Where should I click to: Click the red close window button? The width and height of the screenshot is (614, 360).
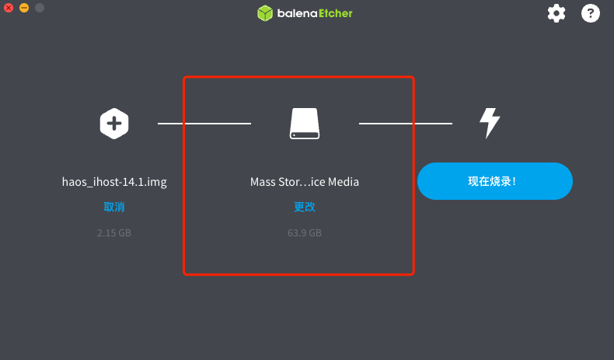tap(9, 8)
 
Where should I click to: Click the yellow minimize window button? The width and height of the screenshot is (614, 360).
tap(24, 8)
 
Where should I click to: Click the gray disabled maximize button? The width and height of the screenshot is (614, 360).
tap(40, 8)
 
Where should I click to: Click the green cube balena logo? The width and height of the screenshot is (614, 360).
tap(265, 13)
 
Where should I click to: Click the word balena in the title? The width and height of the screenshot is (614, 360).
tap(297, 13)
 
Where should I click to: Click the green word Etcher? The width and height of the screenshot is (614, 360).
tap(336, 13)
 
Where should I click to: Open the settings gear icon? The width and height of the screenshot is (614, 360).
tap(556, 14)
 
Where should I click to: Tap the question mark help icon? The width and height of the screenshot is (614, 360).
tap(591, 13)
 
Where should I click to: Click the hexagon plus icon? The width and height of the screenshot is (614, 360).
tap(114, 124)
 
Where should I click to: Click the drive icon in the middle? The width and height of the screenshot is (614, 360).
tap(305, 124)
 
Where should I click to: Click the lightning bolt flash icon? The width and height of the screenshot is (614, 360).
tap(490, 123)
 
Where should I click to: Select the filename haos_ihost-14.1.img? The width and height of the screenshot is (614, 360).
tap(114, 182)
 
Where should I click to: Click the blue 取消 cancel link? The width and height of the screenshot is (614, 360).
tap(114, 207)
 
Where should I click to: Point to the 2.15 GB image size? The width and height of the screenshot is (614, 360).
tap(114, 232)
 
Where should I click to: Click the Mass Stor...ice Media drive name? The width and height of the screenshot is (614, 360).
tap(305, 182)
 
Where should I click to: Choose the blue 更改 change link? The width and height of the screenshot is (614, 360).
tap(305, 207)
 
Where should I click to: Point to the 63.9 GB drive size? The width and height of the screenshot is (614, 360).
tap(305, 232)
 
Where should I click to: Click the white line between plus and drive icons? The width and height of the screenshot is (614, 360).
tap(204, 124)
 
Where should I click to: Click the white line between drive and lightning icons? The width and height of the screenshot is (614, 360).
tap(406, 124)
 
